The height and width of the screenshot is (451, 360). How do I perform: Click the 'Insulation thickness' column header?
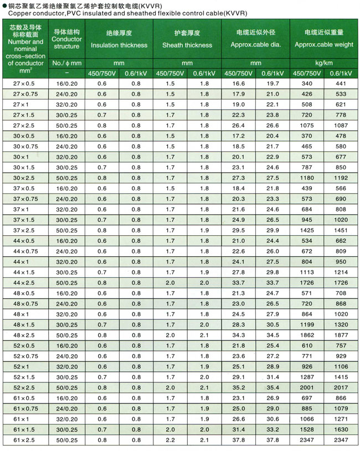point(119,45)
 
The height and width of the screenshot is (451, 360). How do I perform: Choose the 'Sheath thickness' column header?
point(187,45)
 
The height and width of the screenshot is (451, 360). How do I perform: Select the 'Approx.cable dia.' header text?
point(256,45)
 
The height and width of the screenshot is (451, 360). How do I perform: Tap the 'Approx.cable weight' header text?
point(324,45)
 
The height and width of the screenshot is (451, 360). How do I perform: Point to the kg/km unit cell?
point(324,64)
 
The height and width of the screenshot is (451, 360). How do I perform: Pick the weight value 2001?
point(306,387)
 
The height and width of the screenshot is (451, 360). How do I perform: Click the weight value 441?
point(340,84)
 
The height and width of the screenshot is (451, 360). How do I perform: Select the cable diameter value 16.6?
point(239,84)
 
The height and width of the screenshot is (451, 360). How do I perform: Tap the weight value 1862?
point(306,335)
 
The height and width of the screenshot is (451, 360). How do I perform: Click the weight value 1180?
point(306,178)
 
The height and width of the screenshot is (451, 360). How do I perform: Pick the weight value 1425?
point(306,230)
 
